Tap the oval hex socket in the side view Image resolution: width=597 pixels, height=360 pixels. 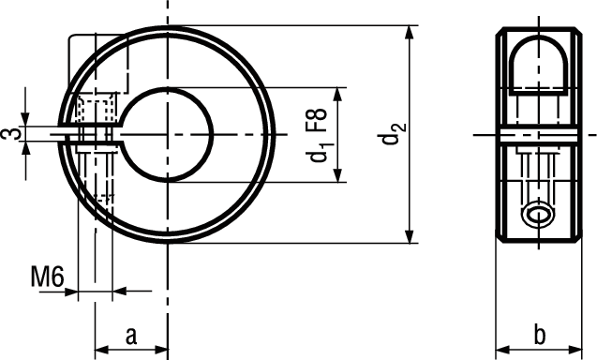click(x=538, y=217)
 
